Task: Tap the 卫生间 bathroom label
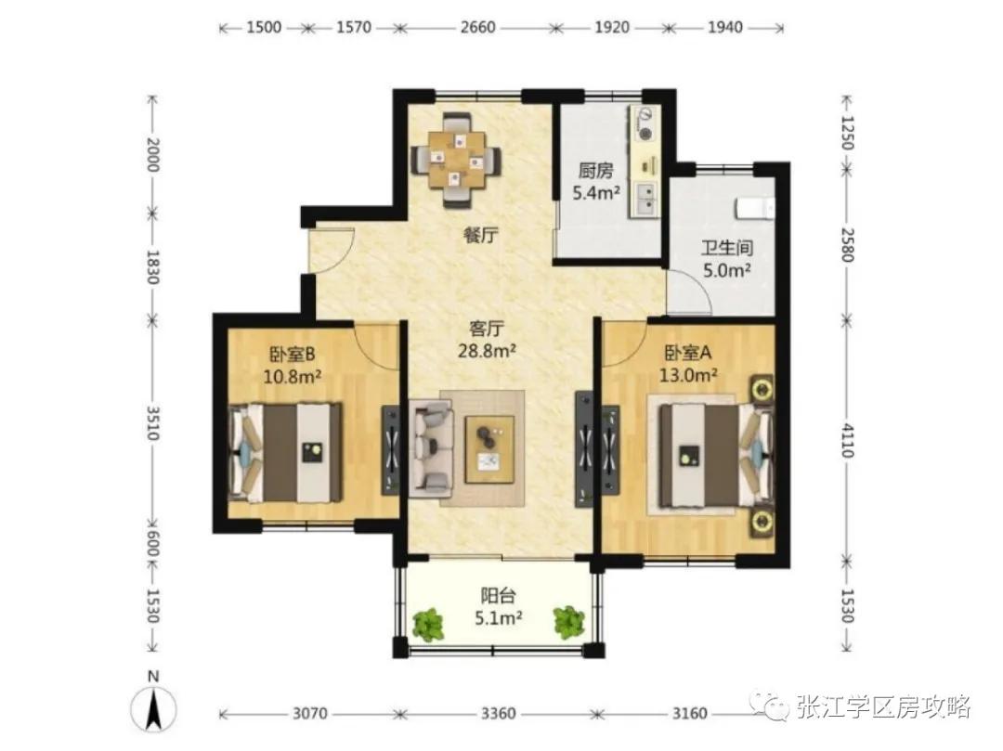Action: tap(725, 249)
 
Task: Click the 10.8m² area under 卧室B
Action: tap(293, 377)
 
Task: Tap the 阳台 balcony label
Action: tap(498, 596)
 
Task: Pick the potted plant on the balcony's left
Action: tap(428, 623)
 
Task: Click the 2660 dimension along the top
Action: tap(476, 28)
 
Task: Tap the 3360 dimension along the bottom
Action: tap(498, 714)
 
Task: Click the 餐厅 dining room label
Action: tap(477, 236)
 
